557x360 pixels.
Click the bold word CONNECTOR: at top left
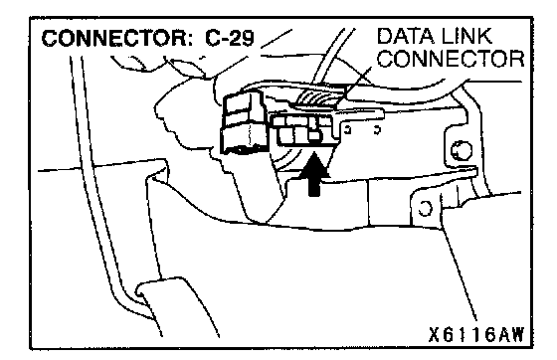tap(117, 39)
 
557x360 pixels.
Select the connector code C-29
tap(230, 39)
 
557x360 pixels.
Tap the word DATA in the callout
tap(403, 36)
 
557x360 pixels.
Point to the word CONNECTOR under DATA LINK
tap(451, 59)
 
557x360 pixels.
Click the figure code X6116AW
tap(475, 334)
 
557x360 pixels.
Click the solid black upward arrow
tap(313, 174)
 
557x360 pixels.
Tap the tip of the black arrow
tap(314, 152)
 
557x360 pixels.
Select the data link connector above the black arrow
tap(305, 130)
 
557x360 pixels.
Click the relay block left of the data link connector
tap(244, 123)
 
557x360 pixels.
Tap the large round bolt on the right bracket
tap(462, 150)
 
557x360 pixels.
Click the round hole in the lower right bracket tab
tap(425, 208)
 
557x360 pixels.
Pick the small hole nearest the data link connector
tap(348, 130)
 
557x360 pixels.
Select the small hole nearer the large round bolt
tap(377, 130)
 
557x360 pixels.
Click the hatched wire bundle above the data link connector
tap(319, 95)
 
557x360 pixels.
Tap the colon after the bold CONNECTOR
tap(190, 40)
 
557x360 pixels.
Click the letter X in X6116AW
tap(434, 334)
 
